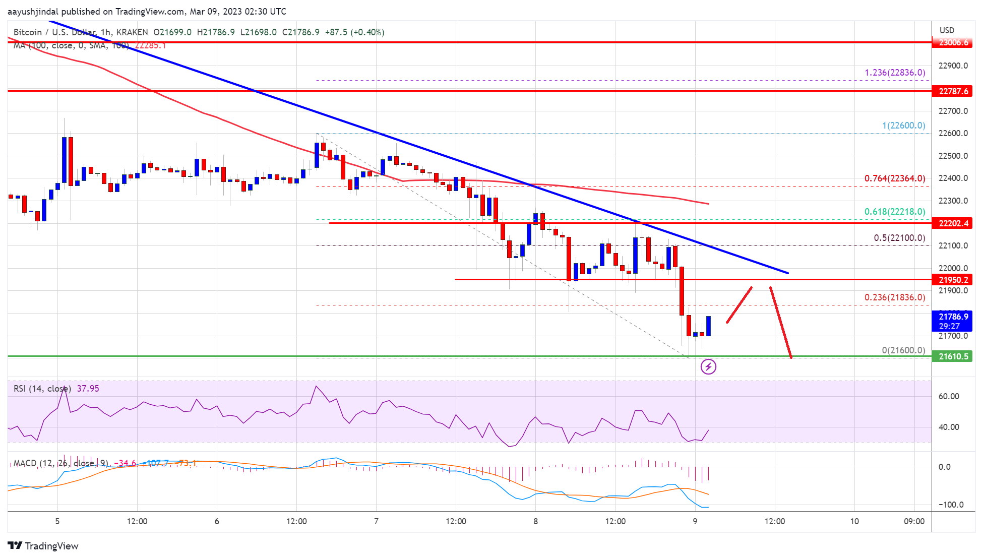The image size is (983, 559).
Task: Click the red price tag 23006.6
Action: [953, 42]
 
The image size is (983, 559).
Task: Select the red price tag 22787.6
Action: [953, 91]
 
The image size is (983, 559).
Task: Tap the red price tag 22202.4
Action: [953, 223]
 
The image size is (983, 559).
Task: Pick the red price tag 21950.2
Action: [953, 280]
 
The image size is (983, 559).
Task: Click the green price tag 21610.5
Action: [953, 356]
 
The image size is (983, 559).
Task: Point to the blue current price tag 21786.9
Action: [953, 317]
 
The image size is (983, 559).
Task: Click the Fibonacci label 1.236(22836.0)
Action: [895, 73]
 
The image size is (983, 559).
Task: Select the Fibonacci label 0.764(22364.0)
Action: [895, 178]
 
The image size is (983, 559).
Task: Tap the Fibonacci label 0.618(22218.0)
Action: [895, 212]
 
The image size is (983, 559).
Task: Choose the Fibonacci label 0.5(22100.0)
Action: [899, 238]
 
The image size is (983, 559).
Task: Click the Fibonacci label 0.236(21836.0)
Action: [895, 297]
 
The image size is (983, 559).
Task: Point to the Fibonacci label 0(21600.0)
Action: [903, 350]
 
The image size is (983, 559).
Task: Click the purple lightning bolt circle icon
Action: [708, 367]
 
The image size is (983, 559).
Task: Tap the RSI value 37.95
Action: [88, 389]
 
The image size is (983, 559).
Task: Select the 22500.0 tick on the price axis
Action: [953, 156]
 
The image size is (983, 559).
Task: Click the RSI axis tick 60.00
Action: [948, 396]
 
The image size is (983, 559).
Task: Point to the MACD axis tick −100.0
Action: [951, 505]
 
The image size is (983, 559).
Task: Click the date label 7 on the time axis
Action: [376, 521]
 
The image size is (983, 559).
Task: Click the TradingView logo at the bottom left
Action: [43, 546]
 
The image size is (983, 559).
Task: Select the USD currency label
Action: [947, 30]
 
